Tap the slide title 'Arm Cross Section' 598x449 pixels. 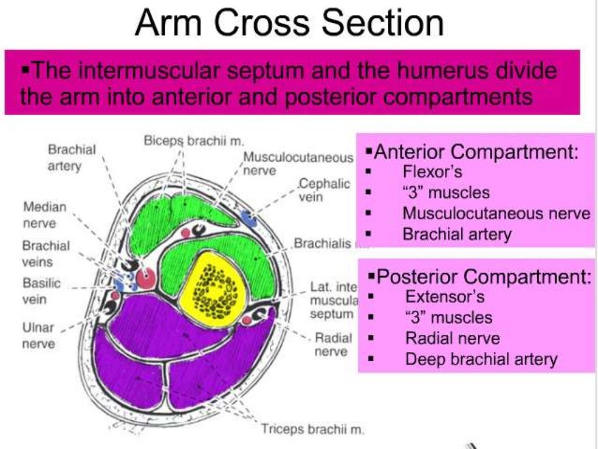(x=289, y=23)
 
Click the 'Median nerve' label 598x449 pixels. (x=45, y=215)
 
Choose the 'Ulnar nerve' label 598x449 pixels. (x=39, y=336)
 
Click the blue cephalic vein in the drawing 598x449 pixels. (x=249, y=220)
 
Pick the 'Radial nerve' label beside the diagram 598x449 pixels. (x=333, y=345)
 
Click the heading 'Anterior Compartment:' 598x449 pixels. (x=476, y=153)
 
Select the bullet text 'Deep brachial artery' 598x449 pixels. (x=481, y=358)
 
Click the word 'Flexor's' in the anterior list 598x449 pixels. (x=432, y=172)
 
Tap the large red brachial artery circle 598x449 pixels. (x=146, y=278)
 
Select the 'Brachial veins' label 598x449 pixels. (x=46, y=253)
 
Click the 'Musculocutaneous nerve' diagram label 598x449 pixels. (x=298, y=164)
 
